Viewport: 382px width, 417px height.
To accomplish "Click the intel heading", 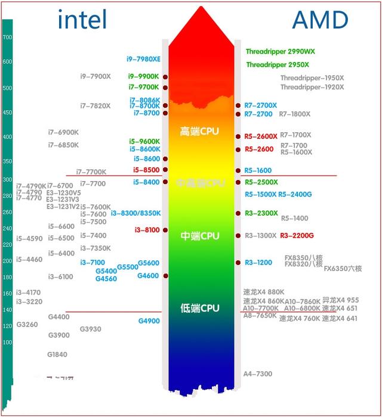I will point(82,20).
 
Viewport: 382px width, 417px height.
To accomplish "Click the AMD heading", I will point(319,20).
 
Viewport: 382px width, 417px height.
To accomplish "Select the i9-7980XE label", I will point(143,59).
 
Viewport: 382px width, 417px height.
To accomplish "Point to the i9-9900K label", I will point(144,76).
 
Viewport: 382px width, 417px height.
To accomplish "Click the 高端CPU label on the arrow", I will point(200,131).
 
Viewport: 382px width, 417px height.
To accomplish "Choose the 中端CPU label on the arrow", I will point(200,236).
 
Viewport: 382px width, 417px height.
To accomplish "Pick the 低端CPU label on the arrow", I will point(200,308).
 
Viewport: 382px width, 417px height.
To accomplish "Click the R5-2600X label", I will point(261,136).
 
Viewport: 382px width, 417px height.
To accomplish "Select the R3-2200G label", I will point(297,235).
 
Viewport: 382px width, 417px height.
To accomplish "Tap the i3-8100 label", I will point(147,230).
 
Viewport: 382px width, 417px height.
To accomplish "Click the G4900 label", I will point(149,321).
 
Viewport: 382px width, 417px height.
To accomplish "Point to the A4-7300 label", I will point(257,374).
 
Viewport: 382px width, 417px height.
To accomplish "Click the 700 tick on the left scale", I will point(8,38).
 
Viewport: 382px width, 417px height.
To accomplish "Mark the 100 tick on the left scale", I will point(8,343).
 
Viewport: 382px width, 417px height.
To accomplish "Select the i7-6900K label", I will point(63,132).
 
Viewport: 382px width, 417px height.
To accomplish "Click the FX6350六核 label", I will point(343,269).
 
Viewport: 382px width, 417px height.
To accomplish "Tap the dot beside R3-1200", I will point(238,263).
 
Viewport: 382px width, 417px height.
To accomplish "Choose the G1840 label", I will point(57,354).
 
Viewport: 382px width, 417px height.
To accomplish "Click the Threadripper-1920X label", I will point(312,88).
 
